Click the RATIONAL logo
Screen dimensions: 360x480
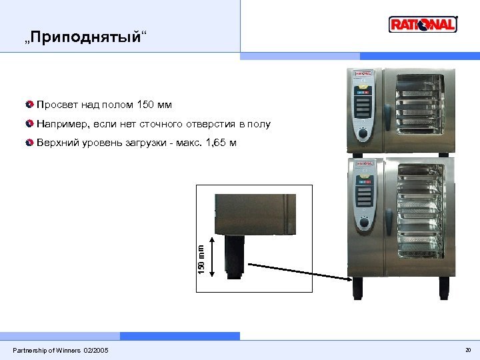click(x=423, y=25)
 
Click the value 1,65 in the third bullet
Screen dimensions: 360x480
click(x=218, y=143)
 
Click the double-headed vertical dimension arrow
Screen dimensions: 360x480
click(x=212, y=255)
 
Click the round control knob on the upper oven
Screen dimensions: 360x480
click(x=363, y=133)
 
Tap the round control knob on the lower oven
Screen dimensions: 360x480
click(x=363, y=222)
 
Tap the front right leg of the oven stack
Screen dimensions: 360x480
click(x=443, y=288)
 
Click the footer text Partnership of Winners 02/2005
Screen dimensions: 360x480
click(x=61, y=351)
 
